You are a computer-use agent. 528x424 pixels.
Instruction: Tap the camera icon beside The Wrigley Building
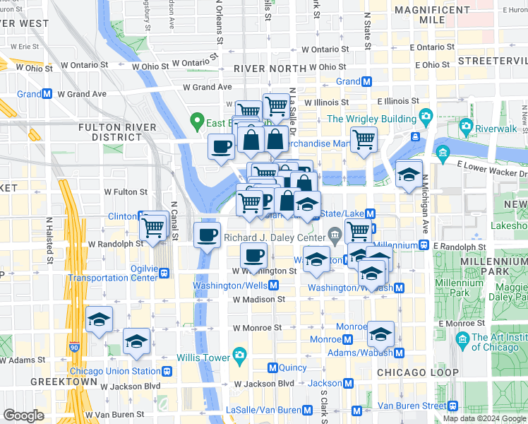(x=426, y=116)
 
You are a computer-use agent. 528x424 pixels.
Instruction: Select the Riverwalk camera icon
(x=465, y=128)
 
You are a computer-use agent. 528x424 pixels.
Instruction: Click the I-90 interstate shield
(x=75, y=348)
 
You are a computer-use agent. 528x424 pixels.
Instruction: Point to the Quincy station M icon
(x=272, y=367)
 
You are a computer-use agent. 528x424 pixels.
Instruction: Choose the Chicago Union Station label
(x=115, y=371)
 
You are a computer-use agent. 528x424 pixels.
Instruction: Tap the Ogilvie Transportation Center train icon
(x=164, y=273)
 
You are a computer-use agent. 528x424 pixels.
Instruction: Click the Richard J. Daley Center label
(x=275, y=238)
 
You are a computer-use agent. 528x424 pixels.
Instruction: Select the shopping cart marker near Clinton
(x=154, y=227)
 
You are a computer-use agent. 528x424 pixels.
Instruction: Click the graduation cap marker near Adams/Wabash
(x=380, y=334)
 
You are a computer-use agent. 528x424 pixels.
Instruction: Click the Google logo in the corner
(x=23, y=416)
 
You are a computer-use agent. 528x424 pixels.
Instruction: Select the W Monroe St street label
(x=258, y=328)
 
